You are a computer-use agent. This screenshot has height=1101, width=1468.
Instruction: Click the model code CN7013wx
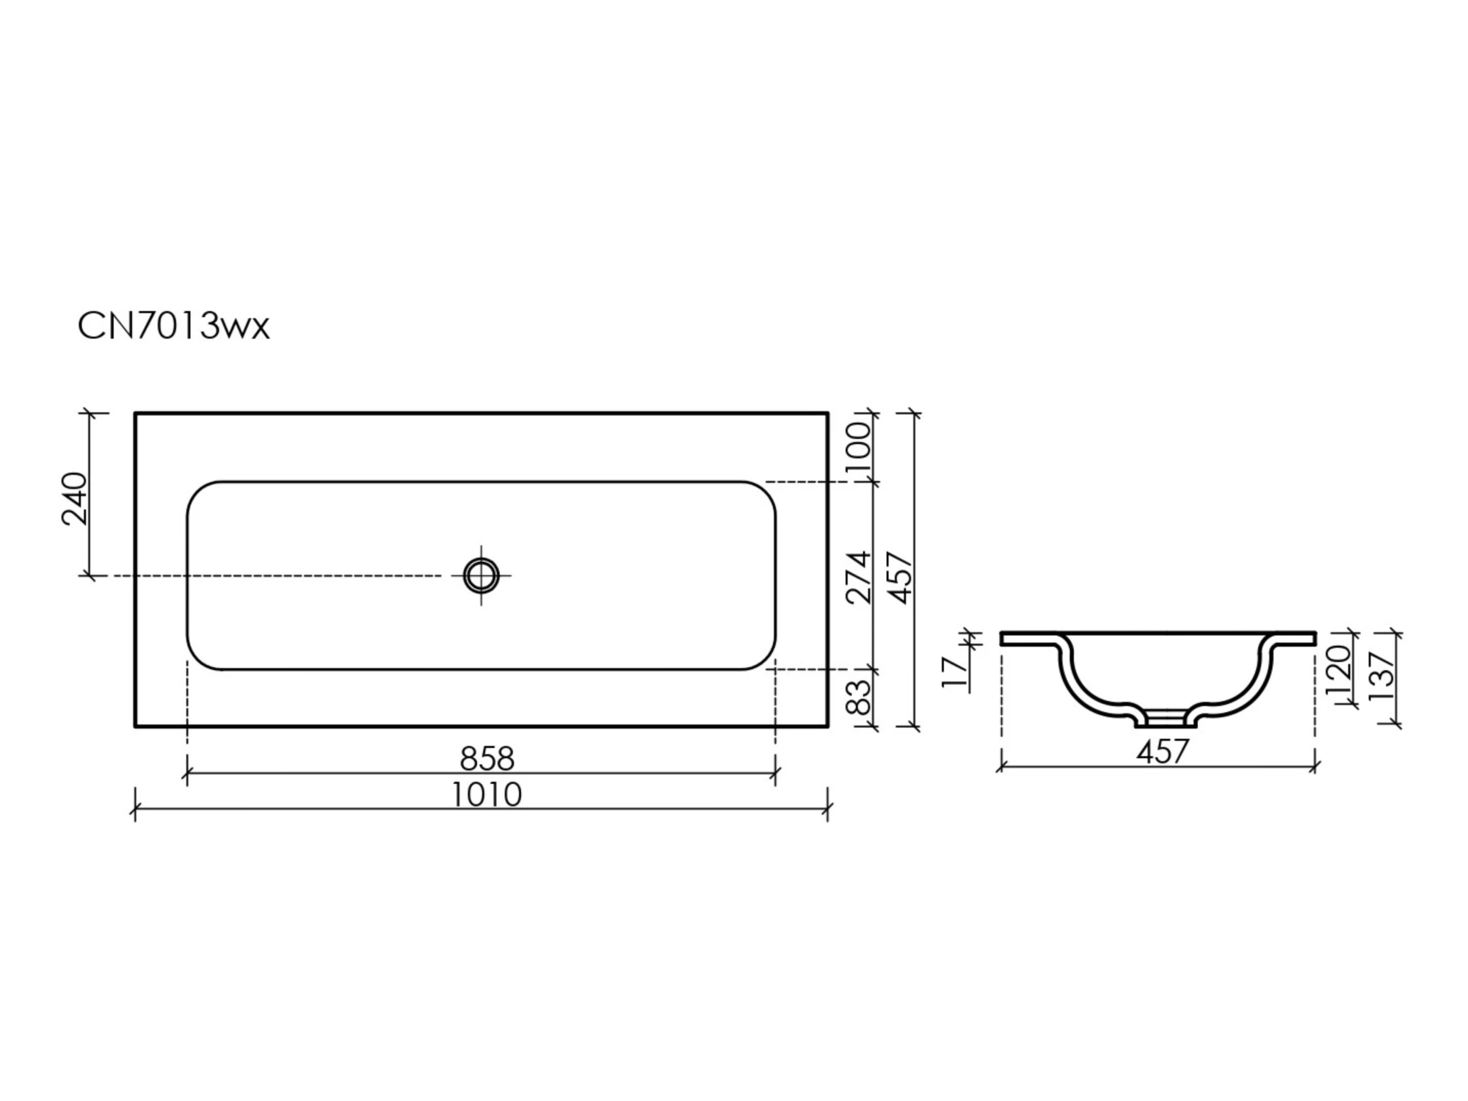tap(174, 326)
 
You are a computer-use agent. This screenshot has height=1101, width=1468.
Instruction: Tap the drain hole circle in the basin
tap(481, 575)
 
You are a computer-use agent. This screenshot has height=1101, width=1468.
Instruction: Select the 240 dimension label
tap(74, 499)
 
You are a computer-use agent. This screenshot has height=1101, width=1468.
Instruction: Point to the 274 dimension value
tap(857, 578)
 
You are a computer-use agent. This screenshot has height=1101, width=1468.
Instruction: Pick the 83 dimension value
tap(857, 697)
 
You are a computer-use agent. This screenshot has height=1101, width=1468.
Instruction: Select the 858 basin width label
tap(487, 758)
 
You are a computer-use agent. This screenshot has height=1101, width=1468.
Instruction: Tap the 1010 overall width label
tap(486, 794)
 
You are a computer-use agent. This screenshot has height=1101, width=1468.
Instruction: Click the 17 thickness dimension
tap(954, 672)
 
